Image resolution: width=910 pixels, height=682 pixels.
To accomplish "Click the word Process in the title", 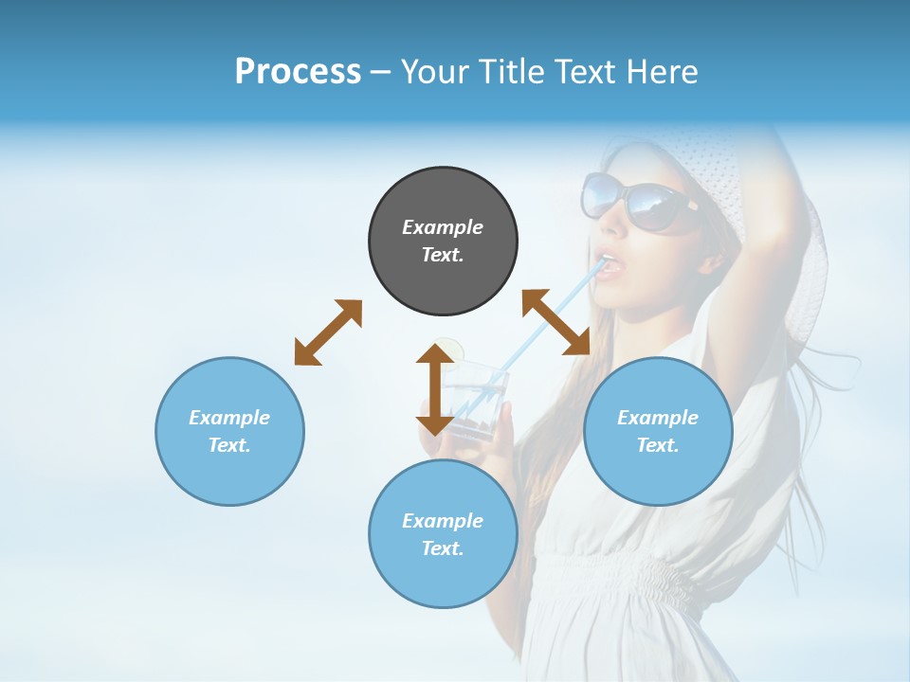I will coord(298,72).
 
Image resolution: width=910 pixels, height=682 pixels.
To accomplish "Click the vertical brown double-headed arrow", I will coord(435,389).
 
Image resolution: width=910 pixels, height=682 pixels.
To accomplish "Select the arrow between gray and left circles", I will coord(328,332).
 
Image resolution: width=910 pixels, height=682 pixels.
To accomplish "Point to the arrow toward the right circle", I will coord(556,322).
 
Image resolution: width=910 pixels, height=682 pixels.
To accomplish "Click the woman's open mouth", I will coord(610,265).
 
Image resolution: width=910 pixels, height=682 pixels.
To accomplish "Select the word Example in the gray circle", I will coord(443,227).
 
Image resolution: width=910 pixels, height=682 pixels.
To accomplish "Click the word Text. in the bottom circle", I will coord(443,548).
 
